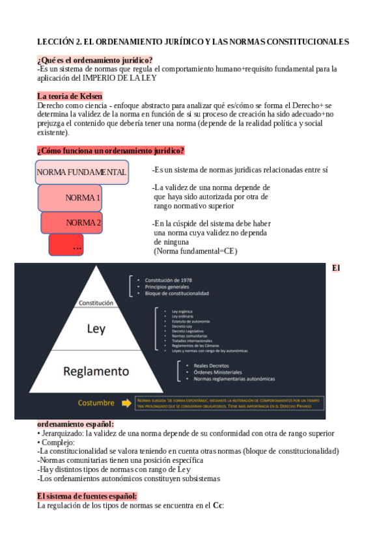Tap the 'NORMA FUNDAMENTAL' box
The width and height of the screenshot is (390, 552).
81,172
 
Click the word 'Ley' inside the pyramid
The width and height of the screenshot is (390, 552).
96,329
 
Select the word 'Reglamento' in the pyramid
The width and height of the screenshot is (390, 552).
96,371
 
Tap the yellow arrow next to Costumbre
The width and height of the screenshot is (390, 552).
126,402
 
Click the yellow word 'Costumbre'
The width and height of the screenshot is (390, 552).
96,402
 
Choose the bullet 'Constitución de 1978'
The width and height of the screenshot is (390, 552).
168,280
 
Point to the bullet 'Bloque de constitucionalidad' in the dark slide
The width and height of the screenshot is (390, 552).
176,294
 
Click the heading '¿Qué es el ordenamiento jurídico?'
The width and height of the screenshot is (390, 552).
95,60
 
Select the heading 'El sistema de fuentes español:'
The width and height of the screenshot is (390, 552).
87,496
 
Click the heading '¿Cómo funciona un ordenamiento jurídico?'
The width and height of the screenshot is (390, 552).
111,151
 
